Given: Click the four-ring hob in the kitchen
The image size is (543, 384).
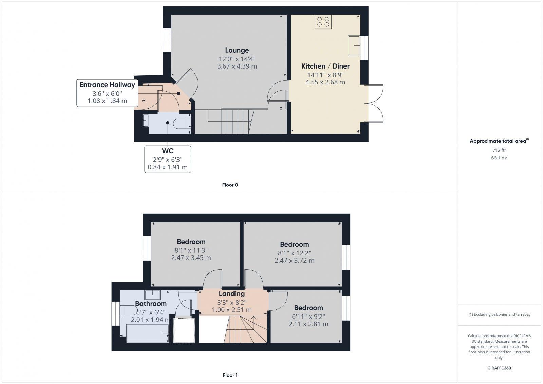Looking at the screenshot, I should (x=323, y=22).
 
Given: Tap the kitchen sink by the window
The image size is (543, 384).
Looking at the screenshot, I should (x=354, y=45).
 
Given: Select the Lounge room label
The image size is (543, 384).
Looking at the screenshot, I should (x=237, y=50).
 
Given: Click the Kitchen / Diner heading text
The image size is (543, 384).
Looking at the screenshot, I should (x=325, y=66).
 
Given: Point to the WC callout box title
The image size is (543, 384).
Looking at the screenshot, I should (x=168, y=151).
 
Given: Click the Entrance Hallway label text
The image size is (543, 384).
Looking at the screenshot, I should (x=107, y=85).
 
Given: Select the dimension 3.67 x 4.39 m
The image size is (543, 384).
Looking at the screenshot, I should (x=237, y=66).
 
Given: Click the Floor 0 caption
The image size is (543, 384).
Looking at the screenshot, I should (x=230, y=185).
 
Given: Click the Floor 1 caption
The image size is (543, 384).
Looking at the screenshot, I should (x=230, y=375).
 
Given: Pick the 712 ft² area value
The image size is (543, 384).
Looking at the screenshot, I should (x=499, y=150).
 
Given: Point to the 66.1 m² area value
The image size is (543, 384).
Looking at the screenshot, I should (x=499, y=158).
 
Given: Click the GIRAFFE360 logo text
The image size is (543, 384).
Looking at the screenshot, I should (x=499, y=368).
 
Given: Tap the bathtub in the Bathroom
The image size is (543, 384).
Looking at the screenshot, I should (x=148, y=333).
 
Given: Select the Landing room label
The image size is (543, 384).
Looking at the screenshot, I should (x=231, y=294).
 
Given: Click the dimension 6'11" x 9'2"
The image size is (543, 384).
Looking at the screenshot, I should (x=308, y=316).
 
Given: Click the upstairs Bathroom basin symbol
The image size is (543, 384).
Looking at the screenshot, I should (x=152, y=295).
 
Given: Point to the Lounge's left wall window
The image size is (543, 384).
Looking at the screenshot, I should (x=167, y=40).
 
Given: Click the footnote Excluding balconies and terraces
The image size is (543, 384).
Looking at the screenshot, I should (x=499, y=314).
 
